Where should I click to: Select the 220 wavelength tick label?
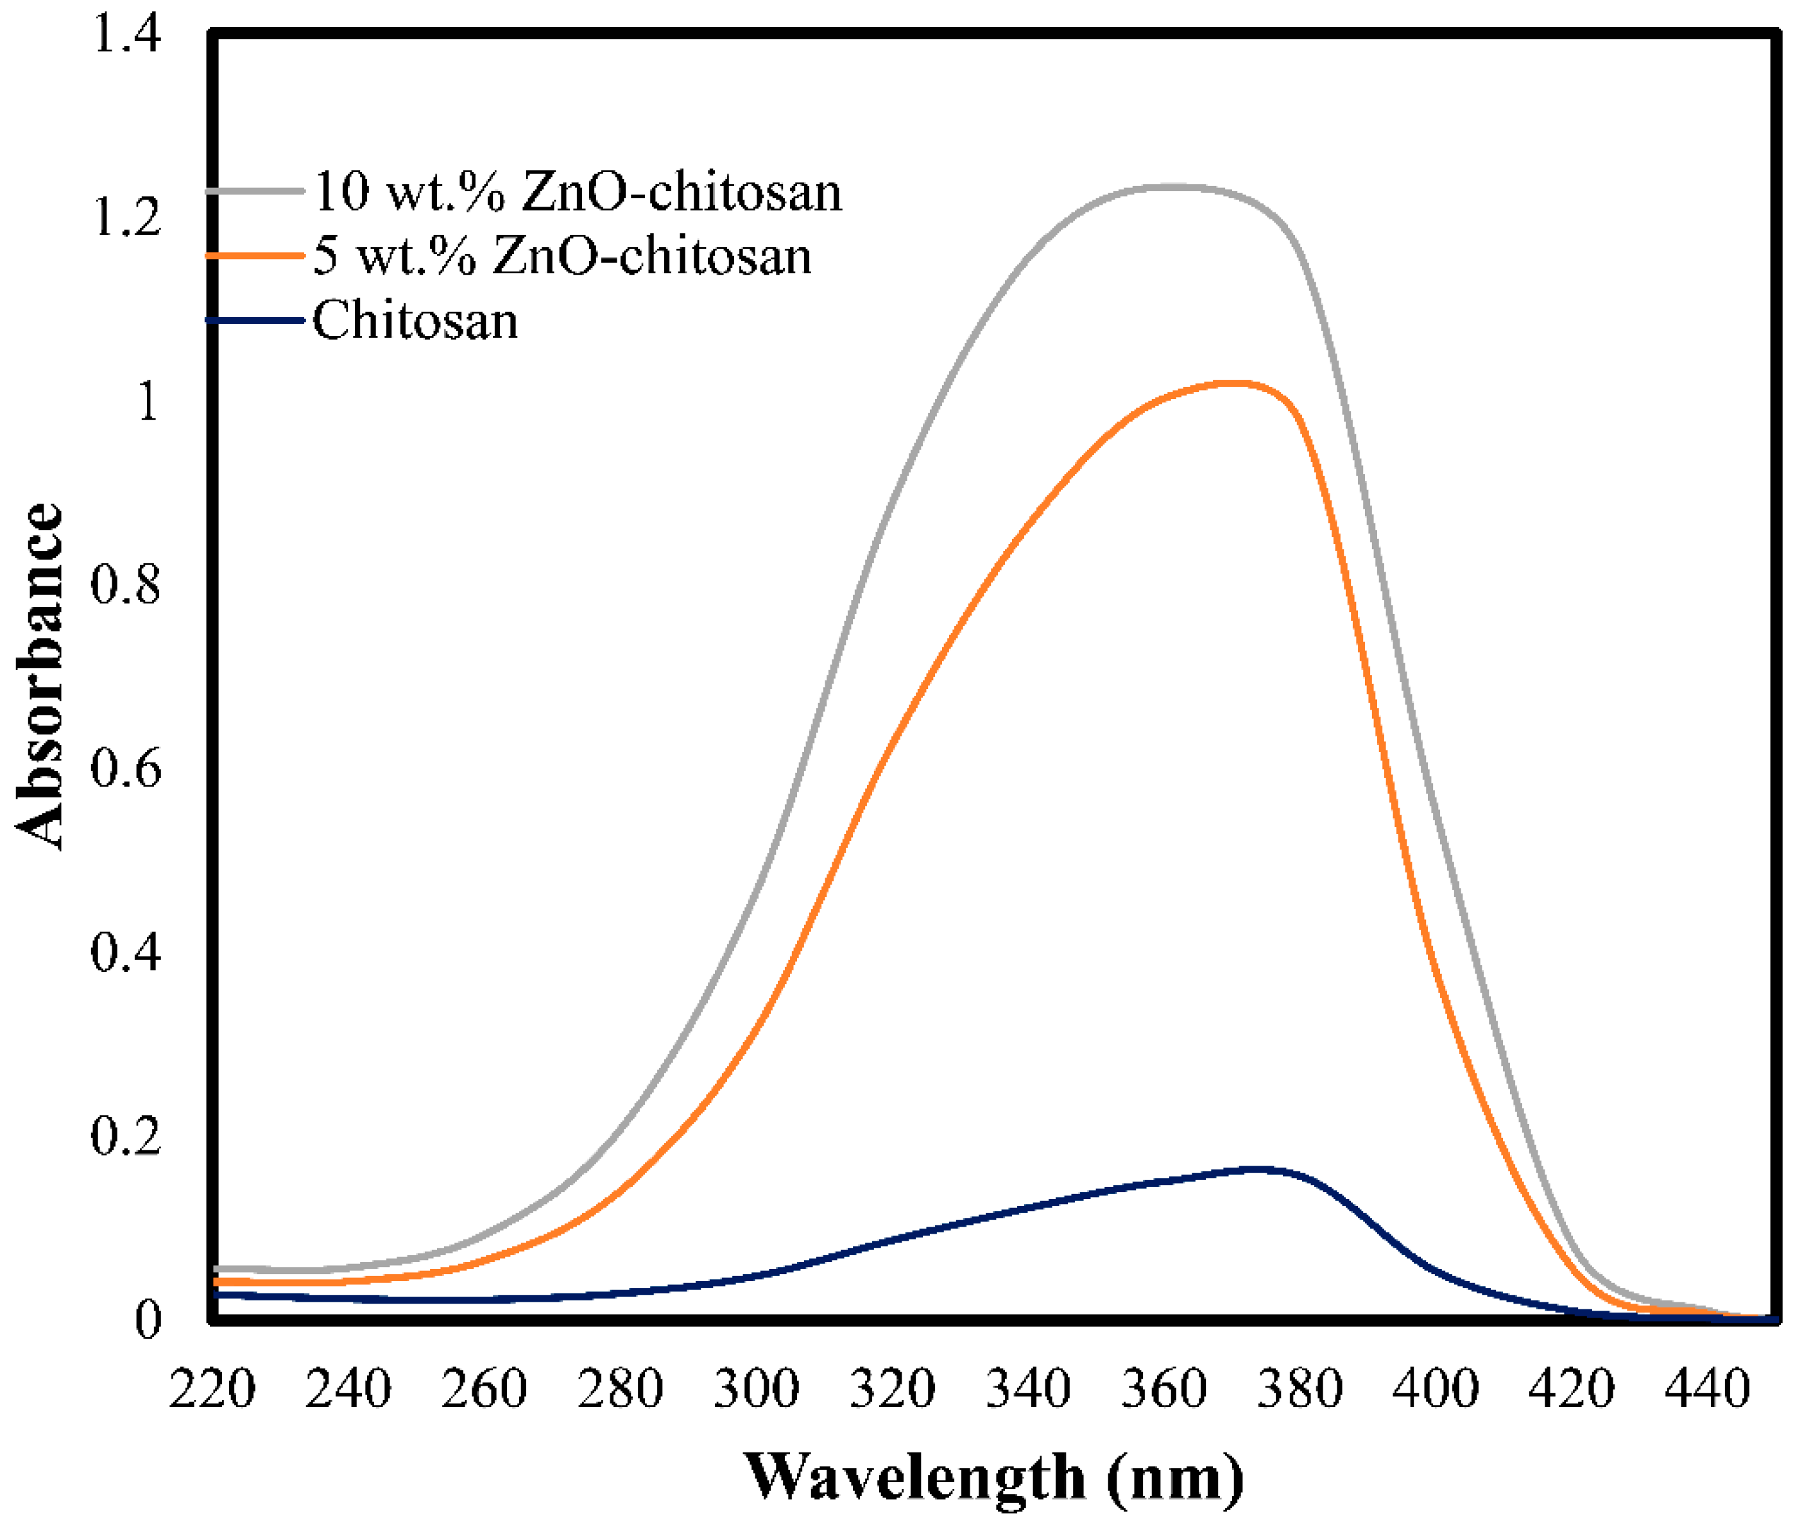click(x=212, y=1389)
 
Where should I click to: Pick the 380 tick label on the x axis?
click(x=1300, y=1389)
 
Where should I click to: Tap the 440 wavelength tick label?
click(x=1707, y=1389)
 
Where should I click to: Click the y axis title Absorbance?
click(x=40, y=676)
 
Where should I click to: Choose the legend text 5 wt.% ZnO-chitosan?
click(x=562, y=257)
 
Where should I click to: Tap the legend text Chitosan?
click(x=415, y=321)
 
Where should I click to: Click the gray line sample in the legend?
click(x=255, y=191)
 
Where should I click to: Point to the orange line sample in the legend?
click(x=255, y=255)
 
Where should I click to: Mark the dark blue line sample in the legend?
click(x=255, y=320)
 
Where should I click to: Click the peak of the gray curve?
click(x=1174, y=187)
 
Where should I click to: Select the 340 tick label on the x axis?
click(x=1027, y=1389)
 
